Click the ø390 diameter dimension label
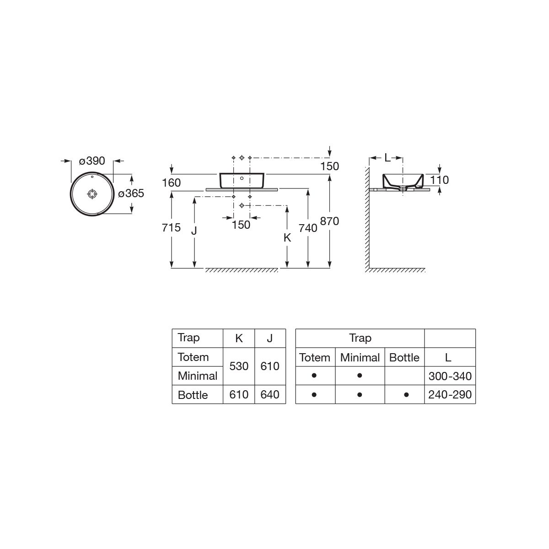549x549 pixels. [x=92, y=161]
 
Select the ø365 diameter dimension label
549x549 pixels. [x=131, y=194]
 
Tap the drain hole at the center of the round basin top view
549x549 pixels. [x=92, y=194]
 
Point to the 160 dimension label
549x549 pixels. [x=171, y=183]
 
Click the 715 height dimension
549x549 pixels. [x=171, y=228]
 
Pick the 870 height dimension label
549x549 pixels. [x=329, y=221]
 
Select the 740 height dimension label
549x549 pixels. [x=308, y=228]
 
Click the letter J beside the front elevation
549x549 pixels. [x=194, y=230]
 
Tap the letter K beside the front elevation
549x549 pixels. [x=287, y=237]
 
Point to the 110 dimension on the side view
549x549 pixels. [x=439, y=180]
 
